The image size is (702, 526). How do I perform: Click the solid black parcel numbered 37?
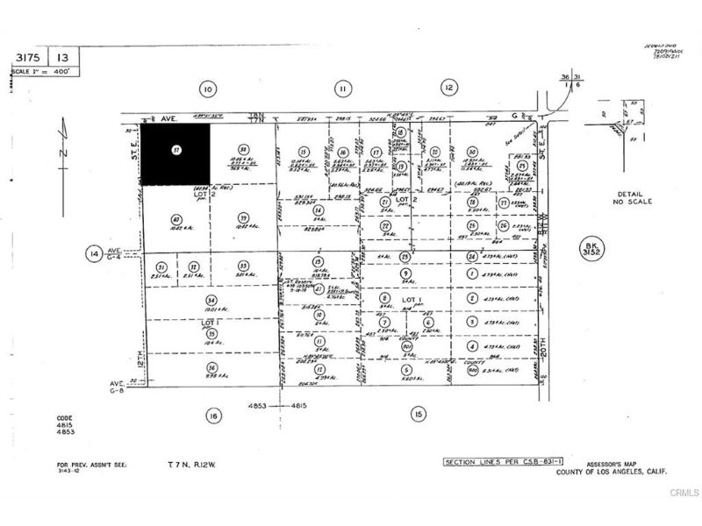coord(176,153)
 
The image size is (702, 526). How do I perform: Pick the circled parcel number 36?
coord(211,367)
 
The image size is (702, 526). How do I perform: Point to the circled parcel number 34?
coord(210,300)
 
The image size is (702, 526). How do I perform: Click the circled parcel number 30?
coord(472,152)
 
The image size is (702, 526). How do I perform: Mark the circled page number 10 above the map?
coord(207,88)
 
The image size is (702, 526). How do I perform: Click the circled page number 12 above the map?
coord(449,88)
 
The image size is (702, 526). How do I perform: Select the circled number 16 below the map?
coord(211,415)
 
